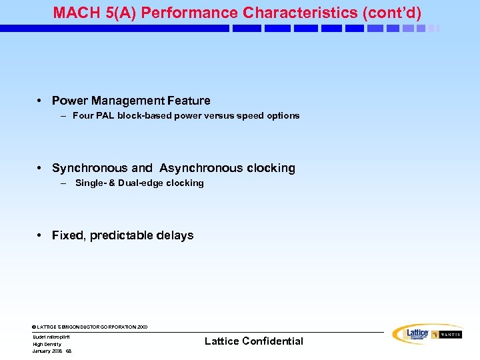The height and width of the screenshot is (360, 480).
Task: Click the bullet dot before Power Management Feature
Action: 41,101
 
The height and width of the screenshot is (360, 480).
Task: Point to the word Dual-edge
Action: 141,183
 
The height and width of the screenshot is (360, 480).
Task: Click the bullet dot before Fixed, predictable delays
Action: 41,235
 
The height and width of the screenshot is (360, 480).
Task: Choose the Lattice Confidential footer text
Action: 253,341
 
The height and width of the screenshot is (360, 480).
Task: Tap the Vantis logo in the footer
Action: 447,335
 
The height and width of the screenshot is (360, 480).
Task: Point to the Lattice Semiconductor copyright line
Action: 89,327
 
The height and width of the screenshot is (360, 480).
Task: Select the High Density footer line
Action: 47,344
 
